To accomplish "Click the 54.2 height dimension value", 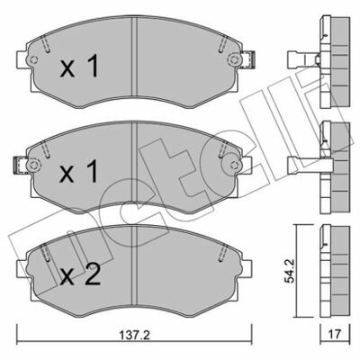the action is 290,271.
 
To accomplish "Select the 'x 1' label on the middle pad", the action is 79,171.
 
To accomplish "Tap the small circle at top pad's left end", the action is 33,59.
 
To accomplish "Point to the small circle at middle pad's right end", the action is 234,165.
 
